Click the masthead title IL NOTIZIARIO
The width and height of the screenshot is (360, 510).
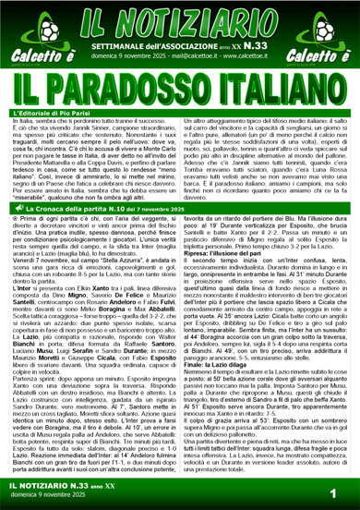[x=179, y=17]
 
